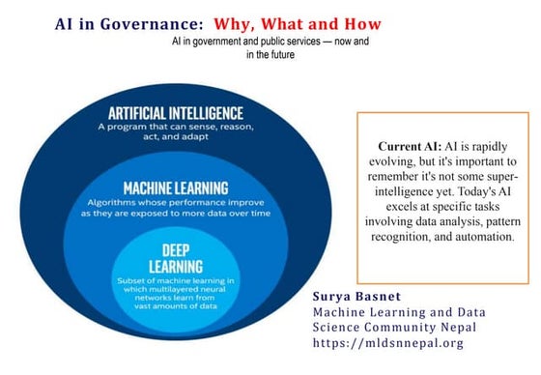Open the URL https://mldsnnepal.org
coord(390,342)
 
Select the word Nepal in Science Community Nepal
coord(464,327)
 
